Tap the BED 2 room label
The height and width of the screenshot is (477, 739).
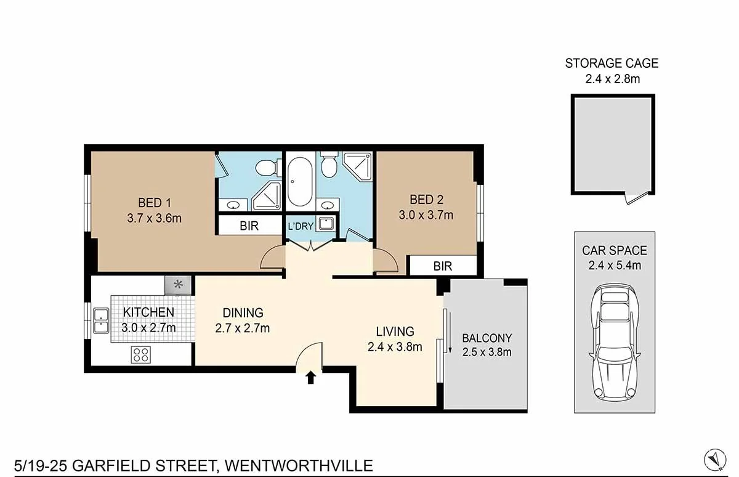(426, 200)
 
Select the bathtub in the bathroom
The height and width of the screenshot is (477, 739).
(299, 184)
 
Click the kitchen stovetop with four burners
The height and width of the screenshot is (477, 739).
(141, 354)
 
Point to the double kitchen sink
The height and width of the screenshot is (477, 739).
(101, 321)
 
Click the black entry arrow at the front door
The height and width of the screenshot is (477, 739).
(311, 377)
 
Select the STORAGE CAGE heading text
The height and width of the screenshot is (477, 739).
(612, 63)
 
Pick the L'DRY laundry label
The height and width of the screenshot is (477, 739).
(299, 226)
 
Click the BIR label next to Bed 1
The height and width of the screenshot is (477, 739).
(249, 226)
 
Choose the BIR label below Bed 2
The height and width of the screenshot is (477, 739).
(442, 266)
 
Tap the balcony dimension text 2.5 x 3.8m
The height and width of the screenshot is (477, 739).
(487, 353)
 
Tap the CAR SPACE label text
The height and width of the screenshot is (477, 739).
(615, 251)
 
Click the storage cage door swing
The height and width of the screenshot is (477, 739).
(635, 198)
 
